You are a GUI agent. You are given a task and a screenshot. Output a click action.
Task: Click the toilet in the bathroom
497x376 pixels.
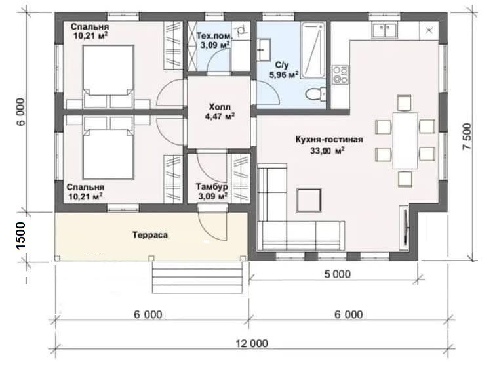pos(315,94)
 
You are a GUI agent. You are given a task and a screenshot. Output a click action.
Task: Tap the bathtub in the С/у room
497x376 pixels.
pos(313,50)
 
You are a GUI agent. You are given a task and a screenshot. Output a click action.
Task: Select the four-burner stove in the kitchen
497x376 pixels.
pos(340,75)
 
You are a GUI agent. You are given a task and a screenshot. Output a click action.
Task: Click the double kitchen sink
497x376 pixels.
pos(385,30)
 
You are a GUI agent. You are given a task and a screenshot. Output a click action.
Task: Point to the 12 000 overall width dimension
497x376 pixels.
pos(252,343)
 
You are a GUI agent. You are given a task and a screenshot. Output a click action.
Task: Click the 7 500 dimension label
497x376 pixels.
pos(467,136)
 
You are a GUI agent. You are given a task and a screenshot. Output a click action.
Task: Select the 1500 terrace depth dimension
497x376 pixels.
pos(20,236)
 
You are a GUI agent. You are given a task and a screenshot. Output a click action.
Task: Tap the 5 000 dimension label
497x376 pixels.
pos(338,274)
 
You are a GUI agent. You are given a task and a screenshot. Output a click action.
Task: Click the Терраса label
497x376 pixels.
pos(150,235)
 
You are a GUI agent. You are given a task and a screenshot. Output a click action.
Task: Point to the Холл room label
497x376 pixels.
pos(220,106)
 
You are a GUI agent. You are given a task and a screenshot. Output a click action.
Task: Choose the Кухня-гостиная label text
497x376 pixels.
pos(329,140)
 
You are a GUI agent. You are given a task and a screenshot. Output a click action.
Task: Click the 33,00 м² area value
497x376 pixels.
pos(327,151)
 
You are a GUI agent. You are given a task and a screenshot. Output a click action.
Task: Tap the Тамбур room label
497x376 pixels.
pos(212,186)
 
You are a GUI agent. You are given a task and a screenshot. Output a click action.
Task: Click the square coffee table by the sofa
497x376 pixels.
pos(309,200)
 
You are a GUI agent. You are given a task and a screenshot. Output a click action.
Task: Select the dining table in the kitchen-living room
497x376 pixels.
pos(405,140)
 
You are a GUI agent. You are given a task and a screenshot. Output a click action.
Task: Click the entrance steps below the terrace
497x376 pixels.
pos(198,278)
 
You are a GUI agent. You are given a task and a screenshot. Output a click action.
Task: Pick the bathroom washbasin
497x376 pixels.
pos(264,50)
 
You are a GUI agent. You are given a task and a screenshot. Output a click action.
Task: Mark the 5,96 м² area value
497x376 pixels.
pos(284,75)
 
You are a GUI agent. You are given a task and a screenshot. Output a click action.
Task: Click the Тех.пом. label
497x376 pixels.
pos(214,35)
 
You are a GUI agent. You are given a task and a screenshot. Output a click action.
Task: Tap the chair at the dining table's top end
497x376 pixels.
pos(404,103)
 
